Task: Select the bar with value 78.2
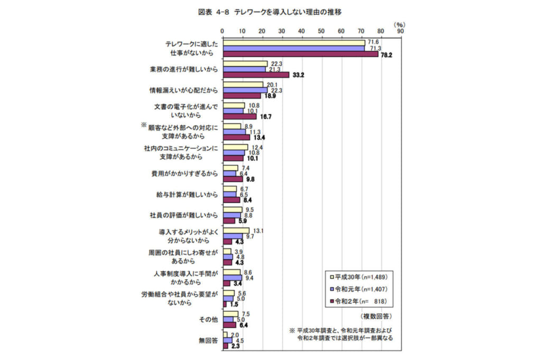tap(301, 54)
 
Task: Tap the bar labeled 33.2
tap(256, 75)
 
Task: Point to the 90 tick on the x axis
tap(400, 31)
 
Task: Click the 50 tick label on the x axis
tap(321, 31)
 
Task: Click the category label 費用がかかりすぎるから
tap(184, 173)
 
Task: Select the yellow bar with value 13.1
tap(236, 230)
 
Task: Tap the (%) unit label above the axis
tap(400, 24)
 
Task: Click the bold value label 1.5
tap(234, 304)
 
